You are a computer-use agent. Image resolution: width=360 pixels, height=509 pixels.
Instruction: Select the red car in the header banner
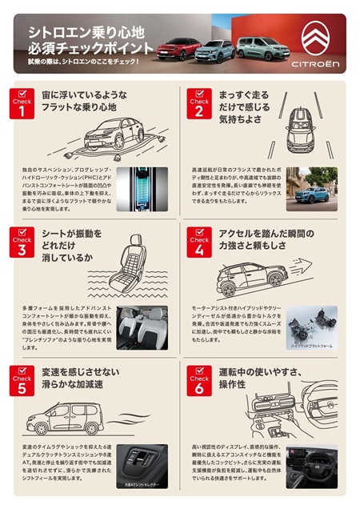coord(178,48)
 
